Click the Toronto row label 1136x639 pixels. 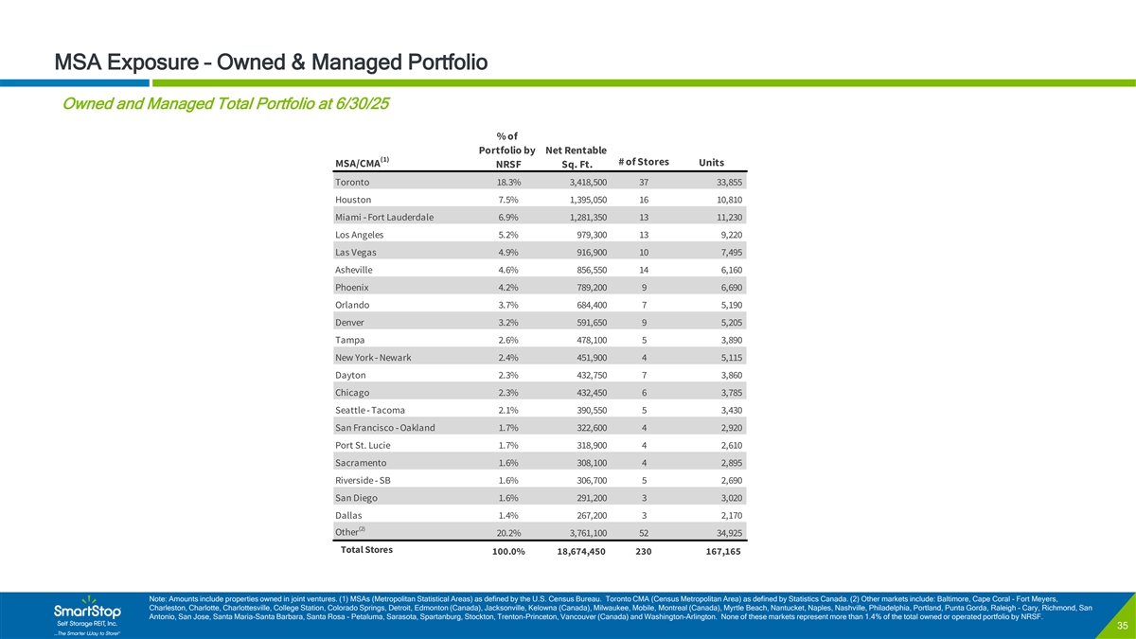click(x=352, y=182)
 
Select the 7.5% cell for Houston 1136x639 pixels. click(x=507, y=200)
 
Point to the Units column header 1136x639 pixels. click(x=711, y=162)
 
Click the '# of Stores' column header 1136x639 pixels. click(x=643, y=162)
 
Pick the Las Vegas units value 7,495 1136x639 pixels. click(x=726, y=253)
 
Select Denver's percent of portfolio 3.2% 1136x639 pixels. click(x=507, y=323)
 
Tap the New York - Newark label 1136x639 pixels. click(x=372, y=358)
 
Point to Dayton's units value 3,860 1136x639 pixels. click(x=726, y=376)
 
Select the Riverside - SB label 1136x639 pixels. click(x=363, y=481)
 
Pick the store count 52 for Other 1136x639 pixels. click(x=644, y=535)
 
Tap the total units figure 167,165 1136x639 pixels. click(x=720, y=553)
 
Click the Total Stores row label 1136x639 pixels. click(x=366, y=550)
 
